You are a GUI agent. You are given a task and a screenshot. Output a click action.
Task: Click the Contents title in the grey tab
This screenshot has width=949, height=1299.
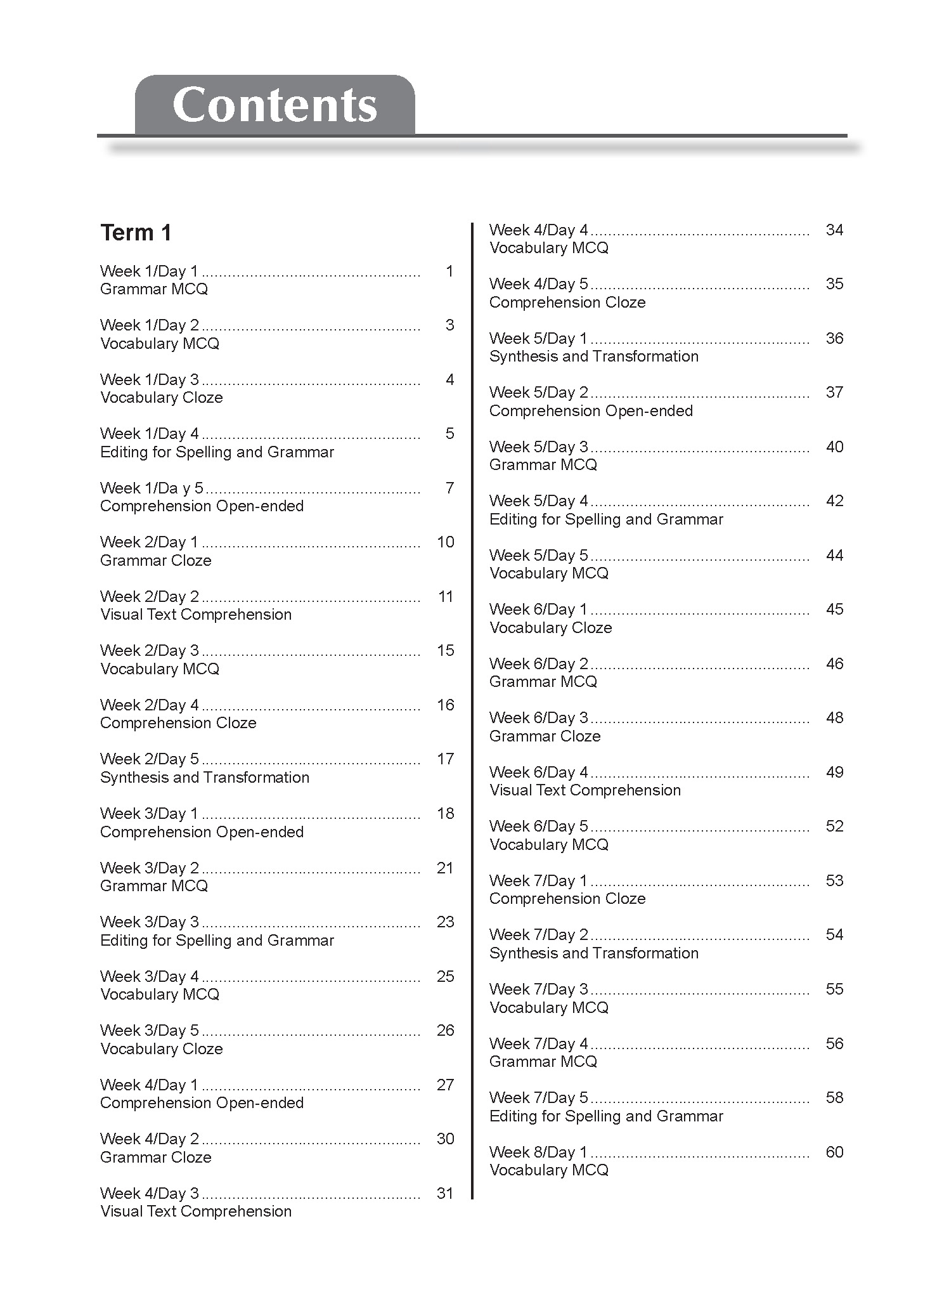(x=274, y=105)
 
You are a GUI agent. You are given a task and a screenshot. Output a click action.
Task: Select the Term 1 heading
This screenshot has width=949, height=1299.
(x=136, y=233)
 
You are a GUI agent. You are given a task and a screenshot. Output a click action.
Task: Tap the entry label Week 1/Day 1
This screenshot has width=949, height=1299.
(x=149, y=271)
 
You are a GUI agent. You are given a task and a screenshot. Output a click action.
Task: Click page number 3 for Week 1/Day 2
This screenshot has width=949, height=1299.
(x=449, y=325)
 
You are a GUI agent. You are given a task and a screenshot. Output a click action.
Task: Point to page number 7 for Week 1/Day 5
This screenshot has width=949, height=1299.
(x=449, y=488)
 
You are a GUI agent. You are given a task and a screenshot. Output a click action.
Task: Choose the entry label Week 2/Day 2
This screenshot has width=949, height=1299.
(x=149, y=597)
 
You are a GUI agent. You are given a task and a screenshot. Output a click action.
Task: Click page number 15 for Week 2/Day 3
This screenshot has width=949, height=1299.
(x=446, y=651)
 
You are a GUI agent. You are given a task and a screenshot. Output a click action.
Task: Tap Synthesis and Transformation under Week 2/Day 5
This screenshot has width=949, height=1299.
(x=205, y=778)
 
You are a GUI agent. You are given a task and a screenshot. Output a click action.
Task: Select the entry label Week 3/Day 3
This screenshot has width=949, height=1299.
(x=149, y=922)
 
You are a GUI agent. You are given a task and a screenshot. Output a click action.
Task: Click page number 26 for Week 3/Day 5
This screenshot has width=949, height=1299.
(x=446, y=1031)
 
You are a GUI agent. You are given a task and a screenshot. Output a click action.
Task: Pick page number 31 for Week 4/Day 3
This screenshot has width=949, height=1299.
(x=446, y=1194)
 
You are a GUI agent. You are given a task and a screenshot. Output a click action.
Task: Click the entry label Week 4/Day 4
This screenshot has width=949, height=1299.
(x=538, y=230)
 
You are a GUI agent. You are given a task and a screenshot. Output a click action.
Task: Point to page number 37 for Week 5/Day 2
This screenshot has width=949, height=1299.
(x=834, y=393)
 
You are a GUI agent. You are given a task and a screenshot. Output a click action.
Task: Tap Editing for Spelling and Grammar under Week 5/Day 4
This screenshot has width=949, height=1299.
(x=606, y=519)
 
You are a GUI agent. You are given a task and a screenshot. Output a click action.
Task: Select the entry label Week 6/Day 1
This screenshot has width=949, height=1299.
(x=538, y=610)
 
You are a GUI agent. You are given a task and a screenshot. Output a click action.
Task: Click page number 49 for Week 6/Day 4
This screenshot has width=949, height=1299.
(x=834, y=773)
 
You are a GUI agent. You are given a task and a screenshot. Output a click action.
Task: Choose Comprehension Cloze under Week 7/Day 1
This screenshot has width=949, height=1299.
(x=567, y=899)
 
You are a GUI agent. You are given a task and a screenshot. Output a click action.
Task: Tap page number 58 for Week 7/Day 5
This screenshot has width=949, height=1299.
(x=834, y=1098)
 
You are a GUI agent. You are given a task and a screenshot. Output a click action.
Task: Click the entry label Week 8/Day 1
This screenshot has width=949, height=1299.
(x=538, y=1152)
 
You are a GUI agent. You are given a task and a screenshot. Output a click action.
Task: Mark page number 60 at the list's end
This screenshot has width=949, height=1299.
(x=834, y=1152)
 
